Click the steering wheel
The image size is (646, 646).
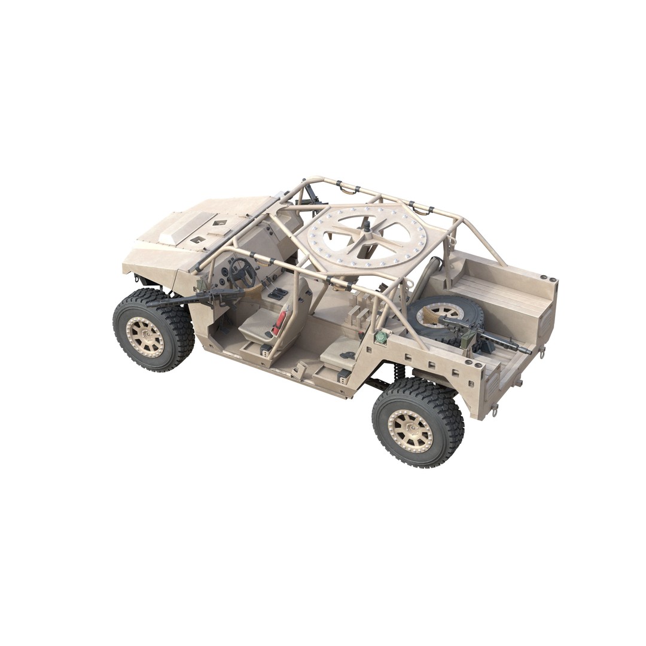(x=242, y=272)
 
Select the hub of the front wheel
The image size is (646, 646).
(x=145, y=337)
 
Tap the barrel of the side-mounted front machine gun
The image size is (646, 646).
(x=173, y=301)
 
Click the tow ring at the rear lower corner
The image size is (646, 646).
(x=495, y=410)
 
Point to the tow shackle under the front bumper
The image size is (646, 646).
(x=138, y=279)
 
